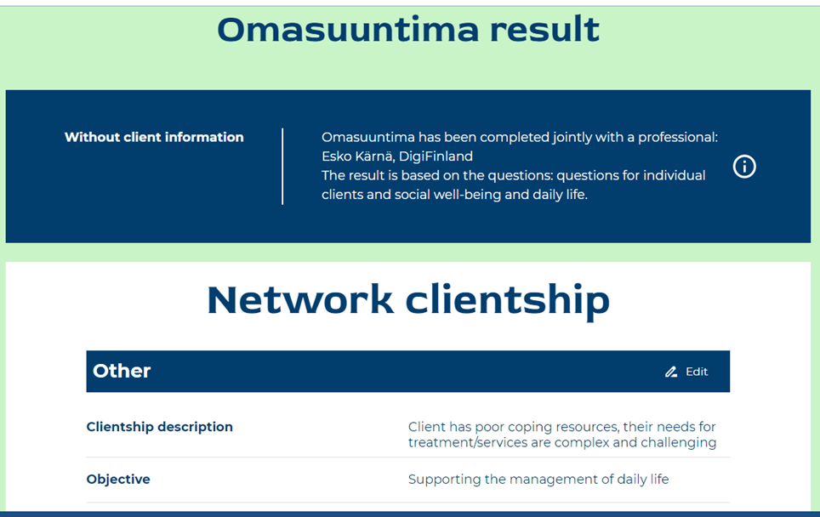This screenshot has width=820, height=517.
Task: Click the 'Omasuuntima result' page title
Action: click(408, 29)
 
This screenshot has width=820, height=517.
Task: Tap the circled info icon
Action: click(744, 167)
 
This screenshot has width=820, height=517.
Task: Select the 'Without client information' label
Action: click(154, 137)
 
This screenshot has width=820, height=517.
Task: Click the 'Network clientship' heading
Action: click(408, 300)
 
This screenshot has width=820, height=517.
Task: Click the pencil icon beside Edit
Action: click(671, 372)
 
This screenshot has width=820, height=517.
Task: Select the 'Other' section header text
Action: click(122, 371)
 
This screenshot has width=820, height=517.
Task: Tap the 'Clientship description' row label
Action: click(160, 427)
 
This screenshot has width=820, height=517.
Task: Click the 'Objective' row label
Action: click(118, 480)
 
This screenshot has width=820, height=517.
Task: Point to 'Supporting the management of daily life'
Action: click(538, 480)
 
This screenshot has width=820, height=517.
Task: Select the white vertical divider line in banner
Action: click(282, 166)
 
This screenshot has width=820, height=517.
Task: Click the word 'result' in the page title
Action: click(544, 29)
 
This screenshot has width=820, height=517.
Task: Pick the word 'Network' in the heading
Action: click(300, 300)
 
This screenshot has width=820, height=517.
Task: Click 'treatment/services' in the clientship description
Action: click(468, 443)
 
